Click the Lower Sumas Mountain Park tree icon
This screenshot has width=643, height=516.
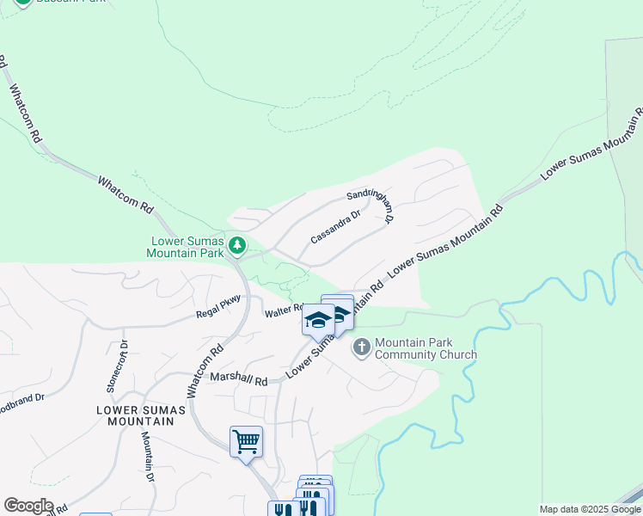tap(237, 247)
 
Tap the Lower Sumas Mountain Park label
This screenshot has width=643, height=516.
tap(186, 247)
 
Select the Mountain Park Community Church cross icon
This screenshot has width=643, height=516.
tap(362, 347)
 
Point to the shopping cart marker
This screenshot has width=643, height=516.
tap(246, 442)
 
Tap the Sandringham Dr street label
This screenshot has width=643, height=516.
tap(370, 206)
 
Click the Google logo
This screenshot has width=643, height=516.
tap(28, 506)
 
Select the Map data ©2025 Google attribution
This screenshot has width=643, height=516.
tap(589, 509)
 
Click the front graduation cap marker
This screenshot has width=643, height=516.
tap(318, 320)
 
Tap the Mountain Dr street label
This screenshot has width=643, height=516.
tap(148, 455)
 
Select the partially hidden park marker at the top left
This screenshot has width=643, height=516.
tap(23, 3)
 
